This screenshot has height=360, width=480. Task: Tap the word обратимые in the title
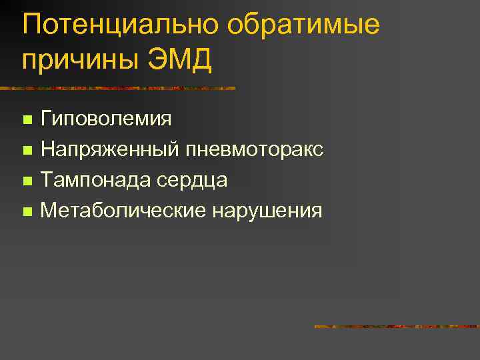point(303,25)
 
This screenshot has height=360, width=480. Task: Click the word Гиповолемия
point(105,120)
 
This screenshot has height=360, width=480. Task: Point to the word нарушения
point(267,211)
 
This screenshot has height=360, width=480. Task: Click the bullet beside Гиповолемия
point(27,121)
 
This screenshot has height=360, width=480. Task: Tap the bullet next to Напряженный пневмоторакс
point(27,151)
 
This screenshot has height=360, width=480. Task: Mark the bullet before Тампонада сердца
point(27,181)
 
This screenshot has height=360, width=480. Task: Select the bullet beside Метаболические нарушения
point(27,212)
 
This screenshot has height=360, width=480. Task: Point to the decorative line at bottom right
point(396,327)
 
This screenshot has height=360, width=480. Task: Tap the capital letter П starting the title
point(31,25)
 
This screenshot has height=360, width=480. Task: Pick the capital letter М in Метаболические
point(48,211)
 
